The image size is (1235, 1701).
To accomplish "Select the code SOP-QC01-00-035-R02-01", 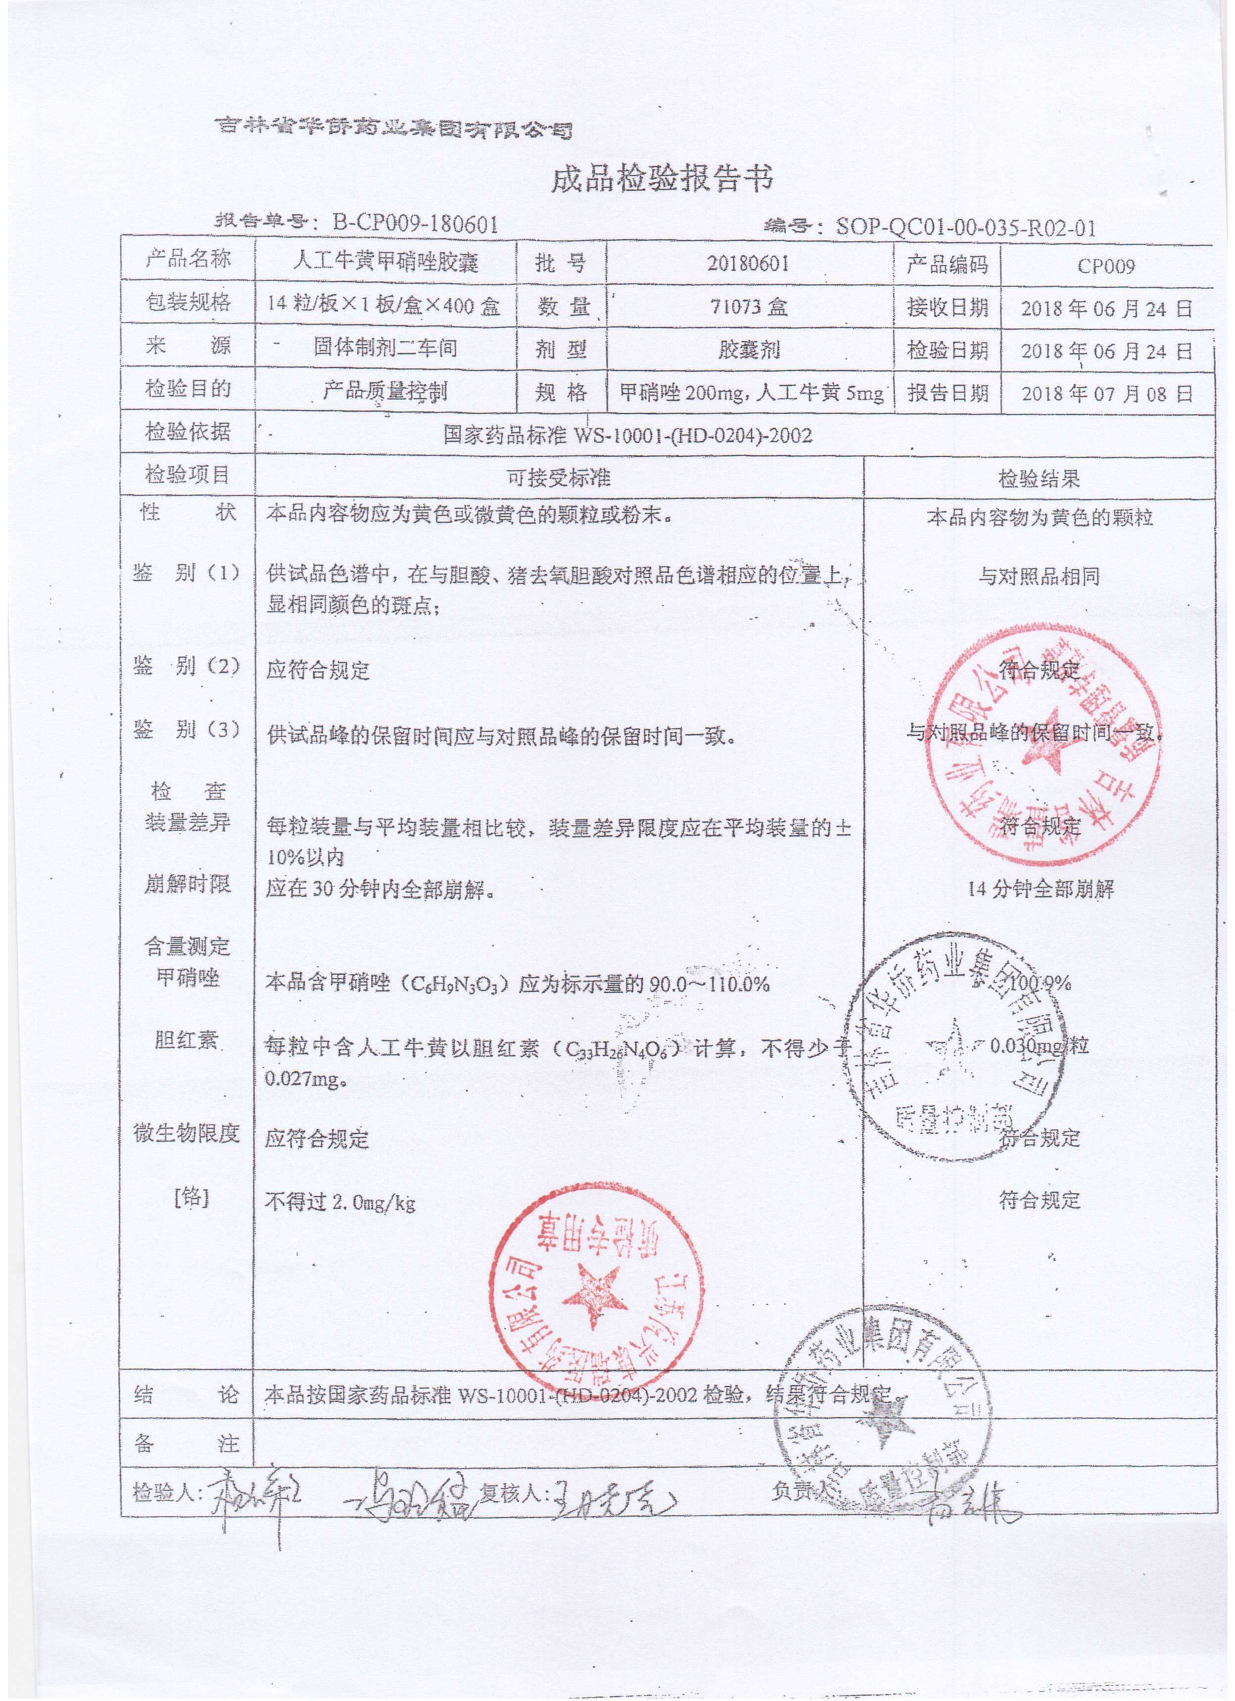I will point(965,226).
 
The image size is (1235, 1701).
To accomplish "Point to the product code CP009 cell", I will point(1105,266).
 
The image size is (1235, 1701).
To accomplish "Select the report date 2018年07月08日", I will point(1105,394).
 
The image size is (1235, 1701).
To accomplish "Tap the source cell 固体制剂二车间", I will point(385,347).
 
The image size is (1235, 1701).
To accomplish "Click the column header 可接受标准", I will point(559,478).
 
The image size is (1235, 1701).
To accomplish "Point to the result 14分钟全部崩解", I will point(1041,890).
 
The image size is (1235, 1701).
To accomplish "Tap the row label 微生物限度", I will point(187,1133).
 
